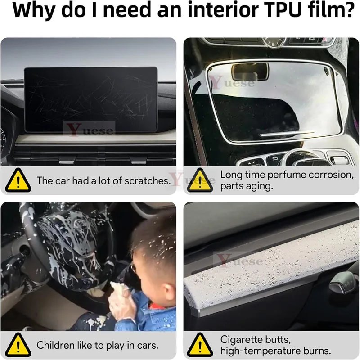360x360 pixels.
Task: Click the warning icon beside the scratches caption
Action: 18,181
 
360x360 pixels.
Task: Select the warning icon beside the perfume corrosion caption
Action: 201,180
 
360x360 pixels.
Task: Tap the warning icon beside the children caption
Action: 18,346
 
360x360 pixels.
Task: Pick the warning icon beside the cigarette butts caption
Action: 201,345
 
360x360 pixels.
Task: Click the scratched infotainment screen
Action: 90,99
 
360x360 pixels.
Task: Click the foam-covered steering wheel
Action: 67,243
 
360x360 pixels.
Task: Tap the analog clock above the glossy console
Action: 273,42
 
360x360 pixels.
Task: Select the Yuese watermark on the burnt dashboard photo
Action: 239,261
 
